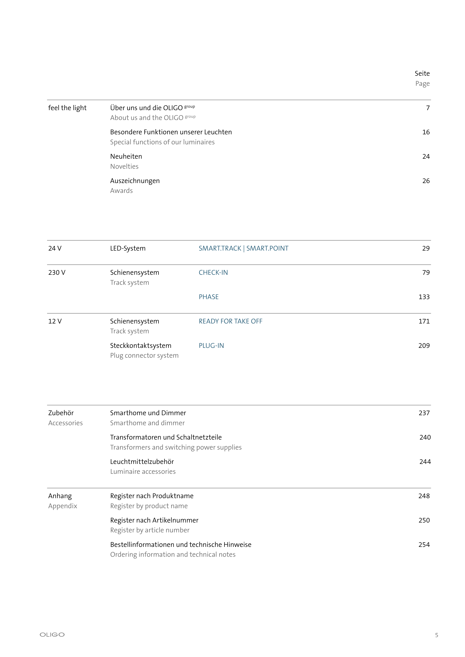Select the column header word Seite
tap(422, 73)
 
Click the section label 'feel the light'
tap(67, 108)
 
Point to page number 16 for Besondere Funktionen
tap(426, 132)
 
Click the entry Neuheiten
tap(126, 156)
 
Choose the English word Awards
tap(121, 191)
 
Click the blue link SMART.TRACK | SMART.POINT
tap(244, 248)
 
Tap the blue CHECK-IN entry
tap(213, 273)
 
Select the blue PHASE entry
tap(209, 297)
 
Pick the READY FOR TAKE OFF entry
tap(230, 321)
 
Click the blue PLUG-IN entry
tap(211, 346)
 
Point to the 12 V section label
tap(55, 321)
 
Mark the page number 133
tap(424, 297)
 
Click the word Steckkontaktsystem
tap(141, 346)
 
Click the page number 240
tap(425, 437)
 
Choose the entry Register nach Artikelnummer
tap(154, 520)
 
